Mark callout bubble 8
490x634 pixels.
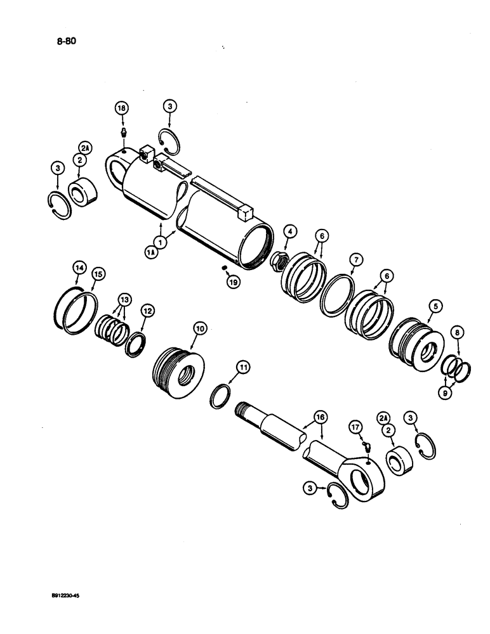pyautogui.click(x=458, y=331)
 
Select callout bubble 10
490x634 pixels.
pyautogui.click(x=200, y=328)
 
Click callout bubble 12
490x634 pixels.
pyautogui.click(x=147, y=311)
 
